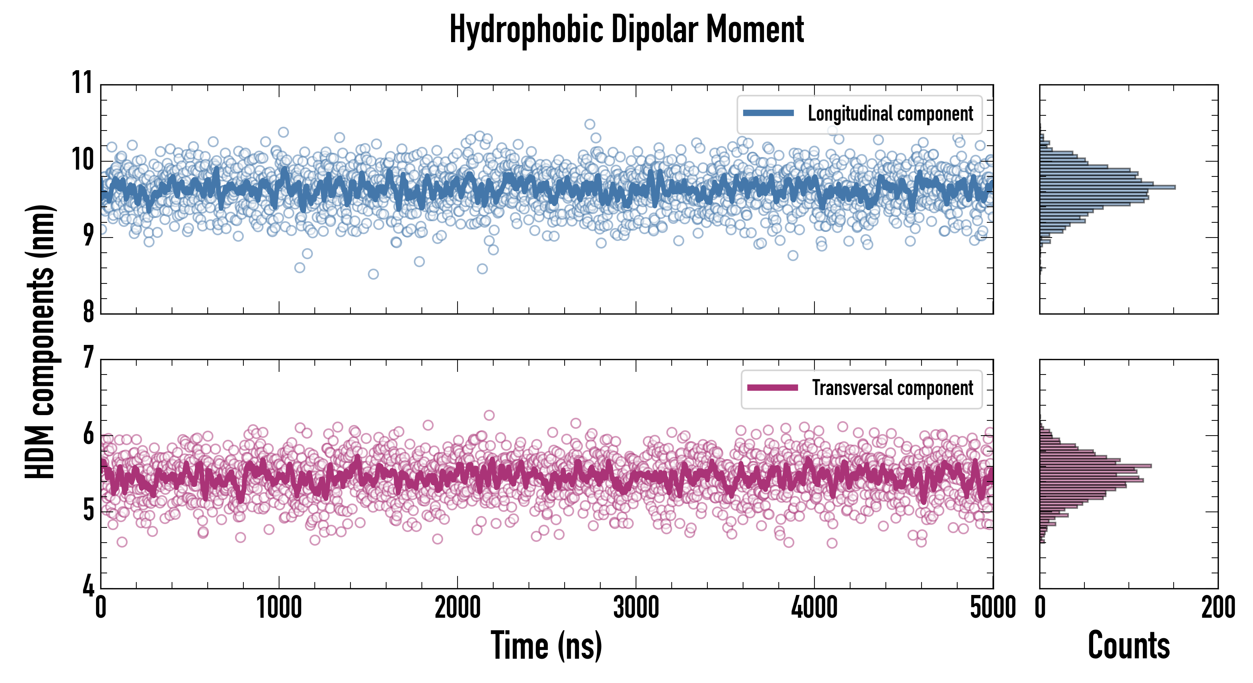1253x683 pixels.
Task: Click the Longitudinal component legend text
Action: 890,114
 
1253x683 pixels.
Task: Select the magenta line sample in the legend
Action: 772,388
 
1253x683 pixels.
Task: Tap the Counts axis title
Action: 1128,645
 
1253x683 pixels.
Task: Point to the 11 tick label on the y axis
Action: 82,83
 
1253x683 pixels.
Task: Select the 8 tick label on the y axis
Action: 88,312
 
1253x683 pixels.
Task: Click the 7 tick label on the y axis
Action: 88,358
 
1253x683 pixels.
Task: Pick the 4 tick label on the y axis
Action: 88,586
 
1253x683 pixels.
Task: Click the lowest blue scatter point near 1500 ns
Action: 373,274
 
